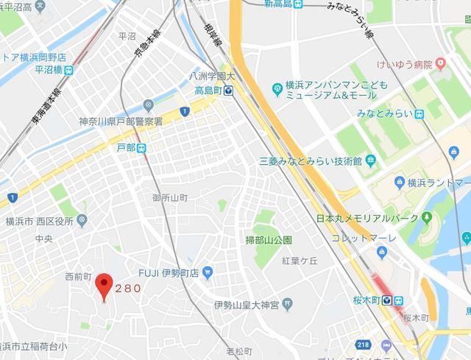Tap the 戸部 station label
[x=127, y=148]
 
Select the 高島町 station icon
[x=230, y=91]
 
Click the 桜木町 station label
[x=378, y=300]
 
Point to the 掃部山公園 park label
[x=269, y=240]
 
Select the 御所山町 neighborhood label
[x=171, y=198]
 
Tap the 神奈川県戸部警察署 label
[x=121, y=121]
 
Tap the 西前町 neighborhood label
[x=77, y=277]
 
